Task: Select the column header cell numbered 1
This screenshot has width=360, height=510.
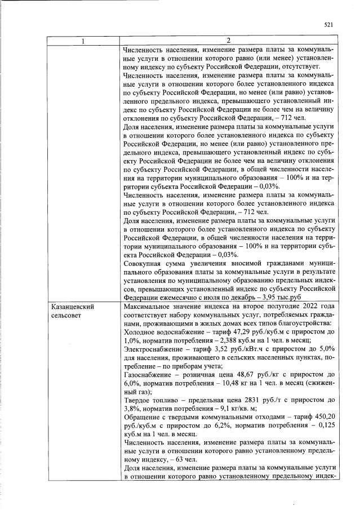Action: click(83, 41)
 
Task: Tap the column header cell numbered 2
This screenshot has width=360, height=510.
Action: click(228, 41)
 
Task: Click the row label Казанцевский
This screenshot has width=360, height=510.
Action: click(72, 307)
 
